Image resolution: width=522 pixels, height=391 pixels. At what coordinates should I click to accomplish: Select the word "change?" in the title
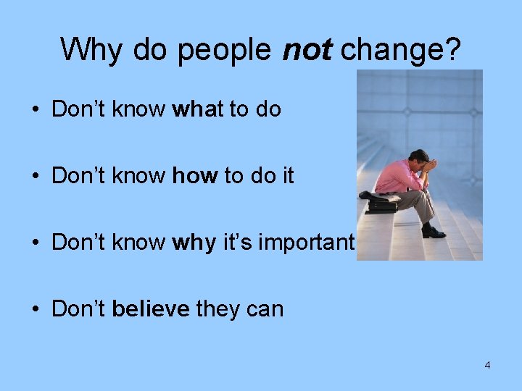pos(401,50)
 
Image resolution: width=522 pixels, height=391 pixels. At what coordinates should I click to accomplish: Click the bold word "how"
pos(195,176)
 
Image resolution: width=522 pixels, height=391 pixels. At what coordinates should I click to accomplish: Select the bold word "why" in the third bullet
pos(196,243)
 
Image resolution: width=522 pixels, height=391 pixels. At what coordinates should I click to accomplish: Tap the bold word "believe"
pos(151,309)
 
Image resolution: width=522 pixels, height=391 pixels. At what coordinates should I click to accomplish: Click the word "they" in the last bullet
pos(215,309)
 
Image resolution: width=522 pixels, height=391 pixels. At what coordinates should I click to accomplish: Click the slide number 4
pos(487,365)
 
